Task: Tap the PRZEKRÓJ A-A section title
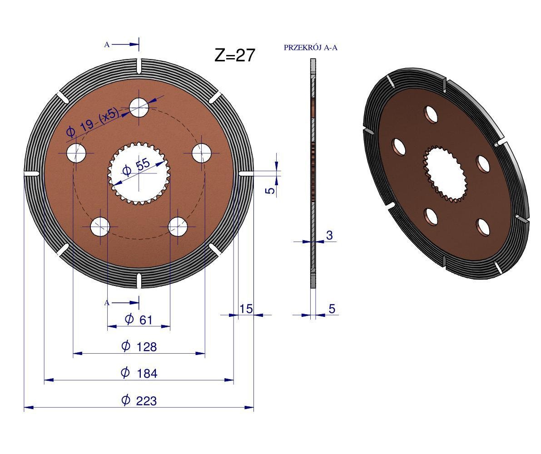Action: (310, 48)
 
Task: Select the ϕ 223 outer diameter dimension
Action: (139, 400)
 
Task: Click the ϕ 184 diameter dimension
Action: (139, 373)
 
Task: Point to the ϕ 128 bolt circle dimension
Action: (139, 346)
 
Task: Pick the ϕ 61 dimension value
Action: (139, 320)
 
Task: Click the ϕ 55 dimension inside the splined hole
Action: (136, 169)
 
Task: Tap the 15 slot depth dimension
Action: (246, 309)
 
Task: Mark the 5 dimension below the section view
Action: (332, 309)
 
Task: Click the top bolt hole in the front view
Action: (139, 107)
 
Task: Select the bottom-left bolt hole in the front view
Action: (100, 227)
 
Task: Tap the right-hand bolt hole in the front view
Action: (201, 153)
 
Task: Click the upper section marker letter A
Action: (107, 44)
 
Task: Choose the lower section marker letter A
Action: (107, 303)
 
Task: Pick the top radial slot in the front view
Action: (139, 66)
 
